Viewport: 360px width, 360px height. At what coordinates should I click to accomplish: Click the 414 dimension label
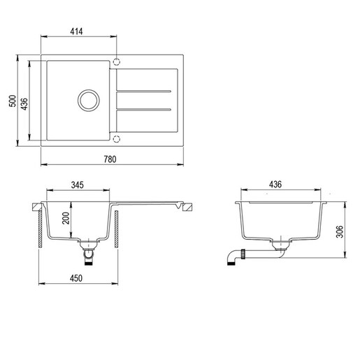click(x=76, y=31)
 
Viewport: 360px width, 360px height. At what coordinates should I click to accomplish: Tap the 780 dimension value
click(x=110, y=159)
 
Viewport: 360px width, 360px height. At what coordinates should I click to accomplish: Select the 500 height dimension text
click(x=13, y=101)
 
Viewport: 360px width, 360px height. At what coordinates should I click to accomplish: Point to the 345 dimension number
click(x=77, y=185)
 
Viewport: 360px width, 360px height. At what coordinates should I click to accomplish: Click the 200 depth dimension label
click(x=66, y=218)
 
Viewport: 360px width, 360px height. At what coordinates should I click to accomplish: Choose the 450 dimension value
click(x=76, y=278)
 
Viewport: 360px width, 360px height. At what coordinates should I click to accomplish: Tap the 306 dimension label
click(x=340, y=231)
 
